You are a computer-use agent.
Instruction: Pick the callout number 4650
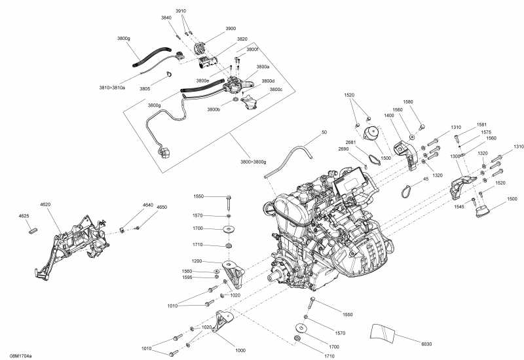click(x=161, y=207)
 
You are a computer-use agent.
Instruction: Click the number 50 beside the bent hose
click(x=324, y=133)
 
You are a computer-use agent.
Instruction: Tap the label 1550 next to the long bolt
click(x=198, y=196)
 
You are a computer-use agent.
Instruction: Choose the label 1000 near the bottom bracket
click(x=240, y=350)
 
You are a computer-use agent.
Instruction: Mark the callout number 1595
click(x=187, y=278)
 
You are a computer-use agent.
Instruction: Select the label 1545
click(x=460, y=207)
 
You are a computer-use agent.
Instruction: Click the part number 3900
click(x=231, y=29)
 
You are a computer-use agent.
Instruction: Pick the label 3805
click(x=145, y=88)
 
